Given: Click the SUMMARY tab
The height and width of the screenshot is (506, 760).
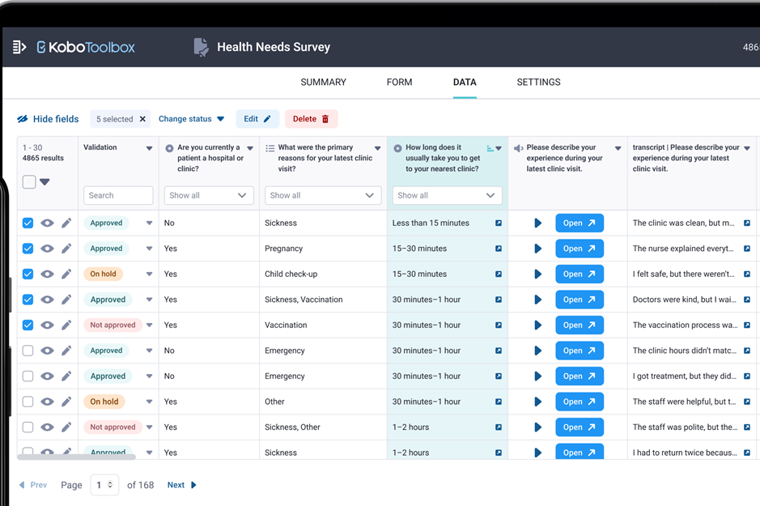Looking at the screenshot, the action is [x=323, y=82].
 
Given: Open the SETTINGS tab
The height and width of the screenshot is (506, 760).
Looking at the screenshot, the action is [x=538, y=82].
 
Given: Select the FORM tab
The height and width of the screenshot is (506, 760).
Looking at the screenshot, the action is [x=399, y=82].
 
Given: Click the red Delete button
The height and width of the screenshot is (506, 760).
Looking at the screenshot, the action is [x=311, y=119].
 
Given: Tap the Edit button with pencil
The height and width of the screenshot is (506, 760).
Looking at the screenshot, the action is [x=257, y=119].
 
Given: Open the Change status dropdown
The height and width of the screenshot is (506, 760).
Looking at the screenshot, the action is [x=192, y=119].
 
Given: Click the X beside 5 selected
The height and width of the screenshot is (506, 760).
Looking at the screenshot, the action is [x=142, y=119].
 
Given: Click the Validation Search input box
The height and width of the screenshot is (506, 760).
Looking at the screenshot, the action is [x=118, y=195].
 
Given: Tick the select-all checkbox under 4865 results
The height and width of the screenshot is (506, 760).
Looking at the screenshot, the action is [x=29, y=181].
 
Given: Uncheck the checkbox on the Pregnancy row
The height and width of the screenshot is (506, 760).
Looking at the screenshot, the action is [x=28, y=249].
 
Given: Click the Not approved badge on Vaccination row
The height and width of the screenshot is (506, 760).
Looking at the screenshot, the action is [x=113, y=325].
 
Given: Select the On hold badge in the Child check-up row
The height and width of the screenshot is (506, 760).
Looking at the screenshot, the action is [x=104, y=274].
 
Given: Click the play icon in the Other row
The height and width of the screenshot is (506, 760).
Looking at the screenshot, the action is [x=537, y=402].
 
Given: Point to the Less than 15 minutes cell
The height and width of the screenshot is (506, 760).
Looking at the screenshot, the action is [x=431, y=223].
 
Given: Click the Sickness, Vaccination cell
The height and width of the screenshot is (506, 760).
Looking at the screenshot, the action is [x=304, y=300].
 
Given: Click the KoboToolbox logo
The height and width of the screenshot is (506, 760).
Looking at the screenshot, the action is [x=86, y=47].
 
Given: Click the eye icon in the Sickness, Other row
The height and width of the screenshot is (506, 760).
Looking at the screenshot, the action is [x=47, y=427].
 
